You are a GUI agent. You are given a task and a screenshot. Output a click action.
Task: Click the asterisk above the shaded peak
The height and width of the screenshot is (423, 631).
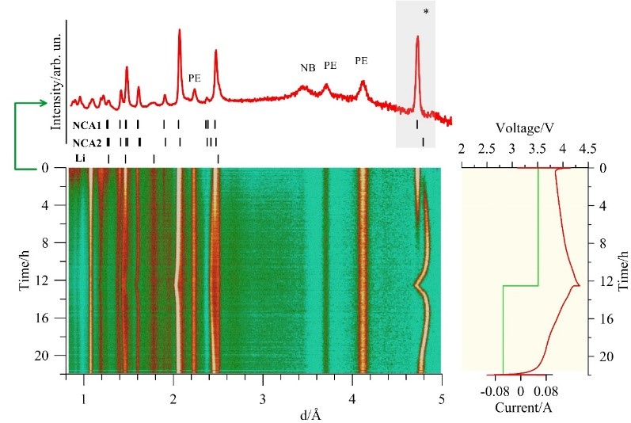pos(427,12)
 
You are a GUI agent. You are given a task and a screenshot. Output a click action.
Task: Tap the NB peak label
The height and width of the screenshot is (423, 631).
pos(308,67)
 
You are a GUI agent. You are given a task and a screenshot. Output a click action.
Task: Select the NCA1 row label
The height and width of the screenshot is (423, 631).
pos(86,125)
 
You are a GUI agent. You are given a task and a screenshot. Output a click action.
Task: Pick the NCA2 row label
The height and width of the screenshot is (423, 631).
pos(86,143)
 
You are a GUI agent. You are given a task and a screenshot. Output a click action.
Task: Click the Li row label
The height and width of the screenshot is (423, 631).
pos(79,158)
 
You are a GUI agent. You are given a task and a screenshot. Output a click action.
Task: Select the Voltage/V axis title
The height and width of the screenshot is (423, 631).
pos(524,128)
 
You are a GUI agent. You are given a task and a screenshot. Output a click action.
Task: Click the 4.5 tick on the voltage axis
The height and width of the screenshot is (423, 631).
pos(588,149)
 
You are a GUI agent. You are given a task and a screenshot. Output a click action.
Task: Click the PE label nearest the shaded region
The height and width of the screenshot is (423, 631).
pos(362,60)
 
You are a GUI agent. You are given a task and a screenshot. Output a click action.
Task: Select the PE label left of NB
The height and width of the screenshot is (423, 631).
pos(195,78)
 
